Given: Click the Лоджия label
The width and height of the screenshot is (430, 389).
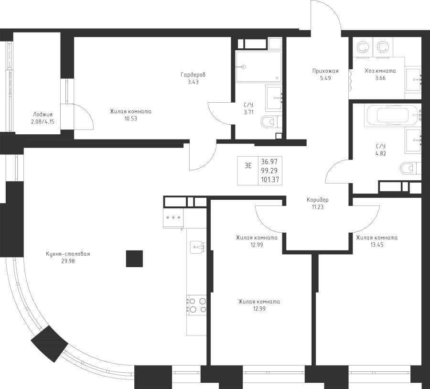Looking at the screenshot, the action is coord(43,115).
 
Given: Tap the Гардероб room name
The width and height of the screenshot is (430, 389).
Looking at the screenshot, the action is coord(193,75).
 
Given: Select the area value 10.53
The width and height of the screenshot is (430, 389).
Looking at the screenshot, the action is coord(130,119).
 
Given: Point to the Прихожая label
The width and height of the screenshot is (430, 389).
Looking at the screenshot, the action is coord(325,71).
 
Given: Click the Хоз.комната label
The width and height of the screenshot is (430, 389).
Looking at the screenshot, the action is coord(380,71).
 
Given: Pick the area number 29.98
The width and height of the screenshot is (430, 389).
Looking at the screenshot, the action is coord(68,261).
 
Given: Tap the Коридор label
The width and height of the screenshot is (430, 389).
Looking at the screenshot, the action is coord(318,200).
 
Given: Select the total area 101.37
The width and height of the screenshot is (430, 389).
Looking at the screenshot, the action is coord(270,180).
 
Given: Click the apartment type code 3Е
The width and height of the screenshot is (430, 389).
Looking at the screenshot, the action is coord(248,166).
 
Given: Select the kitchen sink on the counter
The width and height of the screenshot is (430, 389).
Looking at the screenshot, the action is coord(197,247).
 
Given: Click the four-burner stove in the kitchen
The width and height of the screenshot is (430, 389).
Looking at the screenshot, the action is coord(196,305).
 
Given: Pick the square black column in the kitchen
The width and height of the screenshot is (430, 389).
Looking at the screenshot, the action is coord(134,259).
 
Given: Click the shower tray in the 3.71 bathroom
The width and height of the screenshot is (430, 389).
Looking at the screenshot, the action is coord(259,66).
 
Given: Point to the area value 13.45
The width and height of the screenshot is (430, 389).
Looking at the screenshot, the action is coord(377,245).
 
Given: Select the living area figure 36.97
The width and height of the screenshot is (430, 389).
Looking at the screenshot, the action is coord(269,162).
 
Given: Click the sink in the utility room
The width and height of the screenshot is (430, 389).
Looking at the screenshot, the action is coord(414,79).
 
